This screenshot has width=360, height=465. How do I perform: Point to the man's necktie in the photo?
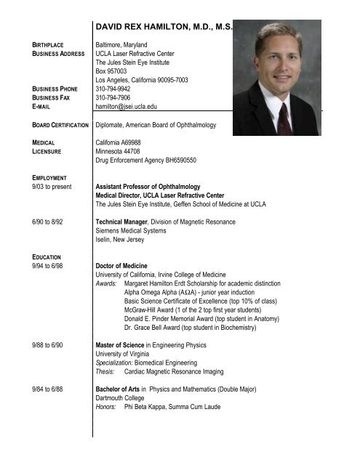point(285,116)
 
